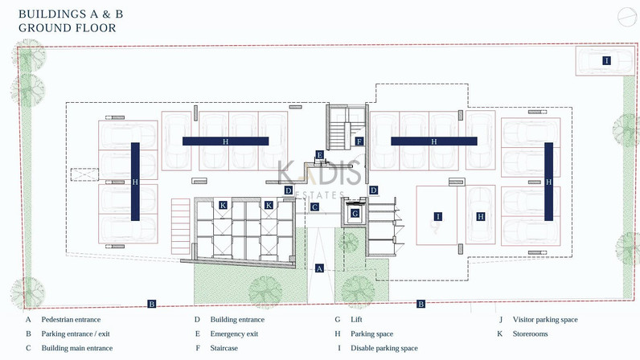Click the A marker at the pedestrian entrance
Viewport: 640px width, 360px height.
[319, 268]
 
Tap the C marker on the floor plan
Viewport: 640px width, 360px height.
[314, 207]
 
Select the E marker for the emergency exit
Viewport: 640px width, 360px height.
[319, 155]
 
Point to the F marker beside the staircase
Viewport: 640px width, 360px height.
[359, 141]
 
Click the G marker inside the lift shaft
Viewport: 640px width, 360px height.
[355, 213]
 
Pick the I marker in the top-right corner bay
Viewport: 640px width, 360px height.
[606, 61]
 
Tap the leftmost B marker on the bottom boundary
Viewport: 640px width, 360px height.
[152, 304]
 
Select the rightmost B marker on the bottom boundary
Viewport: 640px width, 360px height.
[421, 304]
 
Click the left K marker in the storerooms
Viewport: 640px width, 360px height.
[223, 205]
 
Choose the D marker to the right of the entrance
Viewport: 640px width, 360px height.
[373, 190]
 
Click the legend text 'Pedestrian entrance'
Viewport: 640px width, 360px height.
[71, 320]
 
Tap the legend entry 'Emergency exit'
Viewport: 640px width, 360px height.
[234, 333]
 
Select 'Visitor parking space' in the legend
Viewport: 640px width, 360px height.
[545, 320]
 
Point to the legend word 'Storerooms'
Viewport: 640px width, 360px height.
[530, 333]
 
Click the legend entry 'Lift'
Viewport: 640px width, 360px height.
[356, 320]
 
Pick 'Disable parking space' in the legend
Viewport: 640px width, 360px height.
[384, 348]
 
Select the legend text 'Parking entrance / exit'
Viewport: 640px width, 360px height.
[76, 333]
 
